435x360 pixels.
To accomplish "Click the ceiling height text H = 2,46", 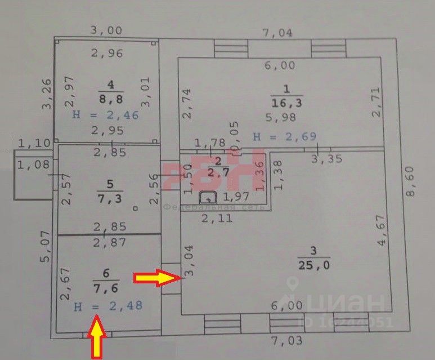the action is click(x=106, y=115).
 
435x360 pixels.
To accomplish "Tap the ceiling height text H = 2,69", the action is click(x=285, y=136).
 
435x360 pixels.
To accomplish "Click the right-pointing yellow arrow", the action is click(x=156, y=277).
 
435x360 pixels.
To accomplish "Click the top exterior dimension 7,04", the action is click(x=278, y=33).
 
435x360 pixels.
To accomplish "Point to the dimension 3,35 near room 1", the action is click(x=328, y=158).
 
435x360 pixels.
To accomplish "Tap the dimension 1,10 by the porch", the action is click(x=35, y=144).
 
